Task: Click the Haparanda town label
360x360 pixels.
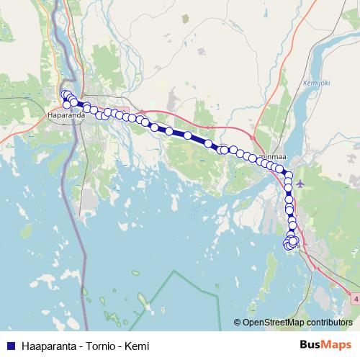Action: [64, 114]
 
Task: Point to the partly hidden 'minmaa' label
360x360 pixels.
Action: [271, 153]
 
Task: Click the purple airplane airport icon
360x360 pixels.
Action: [300, 183]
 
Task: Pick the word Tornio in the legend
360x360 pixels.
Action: [96, 345]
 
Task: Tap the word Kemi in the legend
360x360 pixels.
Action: [137, 345]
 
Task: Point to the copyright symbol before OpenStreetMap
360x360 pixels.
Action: [238, 323]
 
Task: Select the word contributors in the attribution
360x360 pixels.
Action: [329, 323]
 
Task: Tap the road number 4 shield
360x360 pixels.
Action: [355, 297]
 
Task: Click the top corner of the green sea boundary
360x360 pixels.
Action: [175, 271]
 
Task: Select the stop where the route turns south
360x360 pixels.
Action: [288, 174]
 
